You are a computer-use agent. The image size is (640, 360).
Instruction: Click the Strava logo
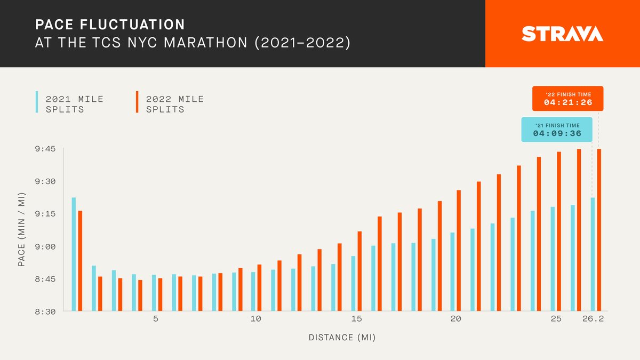562,34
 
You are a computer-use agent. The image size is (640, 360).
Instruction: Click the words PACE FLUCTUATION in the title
110,25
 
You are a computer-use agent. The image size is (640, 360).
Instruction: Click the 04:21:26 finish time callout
567,99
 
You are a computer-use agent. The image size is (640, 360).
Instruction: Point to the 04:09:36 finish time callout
557,130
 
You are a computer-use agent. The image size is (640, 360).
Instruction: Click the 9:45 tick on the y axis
46,149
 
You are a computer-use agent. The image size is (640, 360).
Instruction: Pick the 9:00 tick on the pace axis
46,246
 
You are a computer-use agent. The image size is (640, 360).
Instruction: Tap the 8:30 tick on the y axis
46,311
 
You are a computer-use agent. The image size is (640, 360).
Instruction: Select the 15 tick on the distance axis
356,319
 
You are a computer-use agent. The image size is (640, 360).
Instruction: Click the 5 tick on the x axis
156,319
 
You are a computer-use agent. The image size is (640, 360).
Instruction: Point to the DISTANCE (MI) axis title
342,338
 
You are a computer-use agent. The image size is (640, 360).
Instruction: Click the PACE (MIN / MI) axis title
22,230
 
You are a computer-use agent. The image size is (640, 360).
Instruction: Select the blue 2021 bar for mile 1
74,254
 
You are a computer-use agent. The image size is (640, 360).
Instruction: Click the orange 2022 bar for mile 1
80,261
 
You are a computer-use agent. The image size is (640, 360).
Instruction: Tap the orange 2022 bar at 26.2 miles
599,230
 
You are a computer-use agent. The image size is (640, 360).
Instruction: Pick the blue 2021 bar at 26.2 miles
593,254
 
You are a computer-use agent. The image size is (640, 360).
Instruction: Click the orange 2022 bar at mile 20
459,251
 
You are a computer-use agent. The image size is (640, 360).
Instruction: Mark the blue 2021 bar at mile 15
353,284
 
